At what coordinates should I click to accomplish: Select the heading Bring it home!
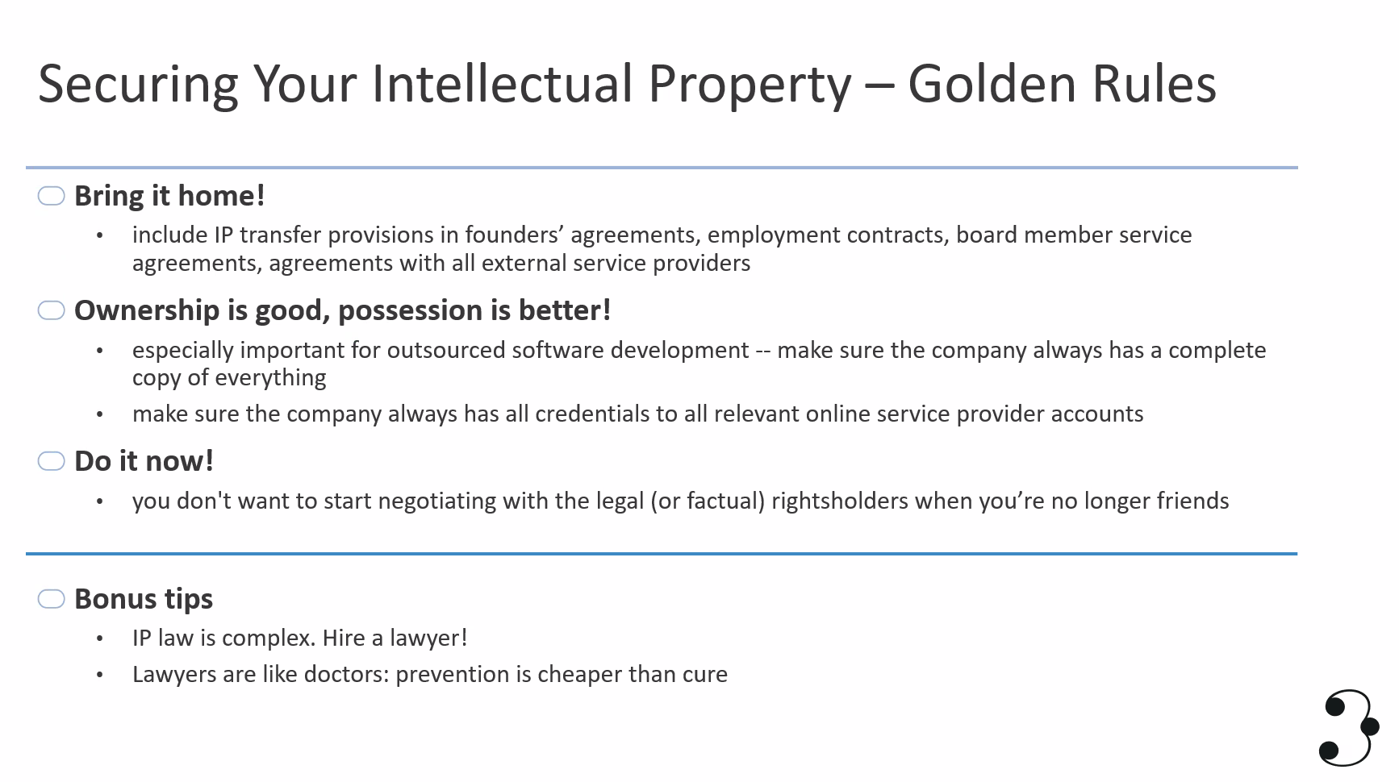(169, 196)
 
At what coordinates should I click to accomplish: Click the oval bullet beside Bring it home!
(51, 196)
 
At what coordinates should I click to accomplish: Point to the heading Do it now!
(144, 461)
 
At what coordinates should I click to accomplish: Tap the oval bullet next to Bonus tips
(51, 599)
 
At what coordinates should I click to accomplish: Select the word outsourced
(446, 350)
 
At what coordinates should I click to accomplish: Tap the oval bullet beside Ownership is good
(51, 310)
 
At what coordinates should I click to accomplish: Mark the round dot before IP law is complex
(100, 639)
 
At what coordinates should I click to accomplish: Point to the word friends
(1193, 501)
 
